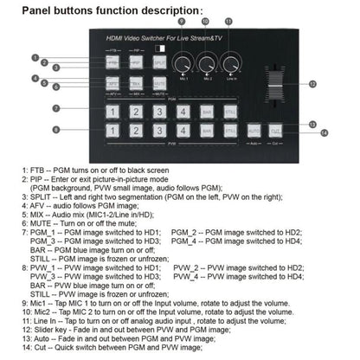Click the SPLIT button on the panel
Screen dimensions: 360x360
pyautogui.click(x=160, y=63)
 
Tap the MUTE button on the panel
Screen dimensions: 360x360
pyautogui.click(x=160, y=83)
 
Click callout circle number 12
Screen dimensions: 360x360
pyautogui.click(x=313, y=85)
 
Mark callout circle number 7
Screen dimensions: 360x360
pyautogui.click(x=56, y=108)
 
